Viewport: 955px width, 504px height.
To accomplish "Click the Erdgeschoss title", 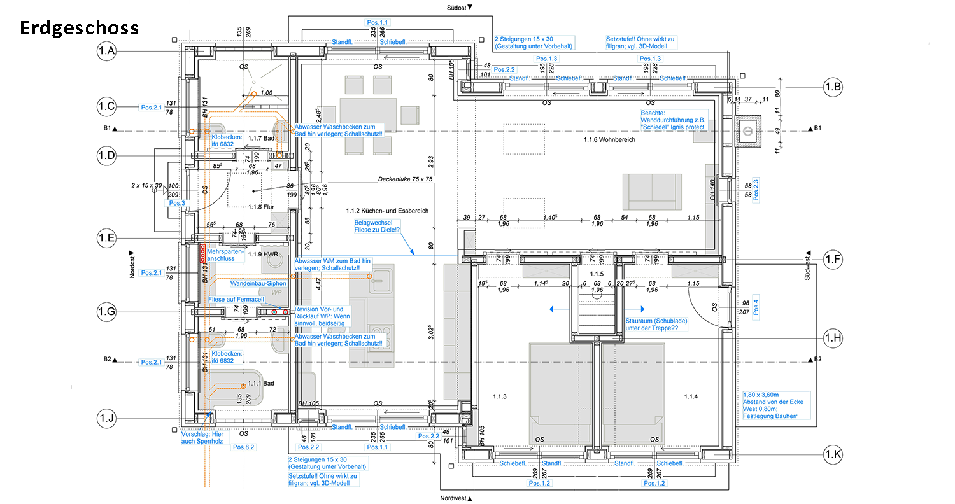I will [79, 29].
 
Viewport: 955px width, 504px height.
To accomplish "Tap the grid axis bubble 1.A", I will [106, 51].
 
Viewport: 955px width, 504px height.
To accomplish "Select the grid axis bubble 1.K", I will [833, 454].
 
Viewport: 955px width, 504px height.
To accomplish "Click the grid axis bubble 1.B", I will [833, 88].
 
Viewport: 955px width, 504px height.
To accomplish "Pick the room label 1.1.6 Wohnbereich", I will [609, 139].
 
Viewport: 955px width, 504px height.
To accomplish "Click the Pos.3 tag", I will [176, 203].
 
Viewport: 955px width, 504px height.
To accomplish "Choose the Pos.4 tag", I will [756, 307].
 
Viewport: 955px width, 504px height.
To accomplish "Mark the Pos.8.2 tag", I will [243, 447].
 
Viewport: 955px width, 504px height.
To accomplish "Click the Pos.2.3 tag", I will [756, 190].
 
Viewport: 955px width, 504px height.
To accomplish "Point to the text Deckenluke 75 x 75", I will [405, 179].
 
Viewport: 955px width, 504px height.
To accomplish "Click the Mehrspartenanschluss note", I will [221, 255].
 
